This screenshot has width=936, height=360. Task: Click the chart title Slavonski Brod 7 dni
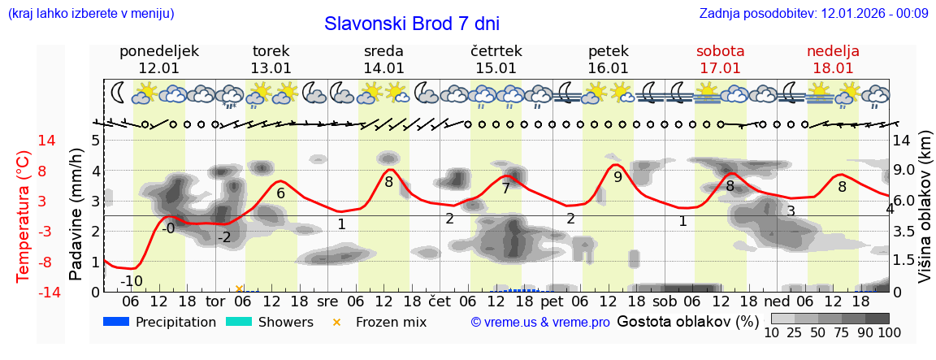point(411,23)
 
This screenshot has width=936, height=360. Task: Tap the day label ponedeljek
point(158,51)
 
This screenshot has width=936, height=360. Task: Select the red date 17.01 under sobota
point(720,68)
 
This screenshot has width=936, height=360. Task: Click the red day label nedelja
point(833,51)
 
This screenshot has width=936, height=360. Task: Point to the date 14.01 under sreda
point(383,68)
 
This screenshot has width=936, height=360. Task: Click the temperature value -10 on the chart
point(132,282)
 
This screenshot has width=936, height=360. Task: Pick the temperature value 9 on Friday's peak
point(617,176)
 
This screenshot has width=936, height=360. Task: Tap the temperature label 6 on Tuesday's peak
point(281,193)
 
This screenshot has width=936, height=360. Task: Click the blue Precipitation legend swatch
point(117,322)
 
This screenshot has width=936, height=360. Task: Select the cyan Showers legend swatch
point(240,322)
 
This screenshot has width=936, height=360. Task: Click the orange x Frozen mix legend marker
point(337,322)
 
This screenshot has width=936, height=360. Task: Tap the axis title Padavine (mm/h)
point(76,215)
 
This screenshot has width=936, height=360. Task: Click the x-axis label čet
point(440,301)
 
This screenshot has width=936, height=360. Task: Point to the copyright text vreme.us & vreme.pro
point(539,323)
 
